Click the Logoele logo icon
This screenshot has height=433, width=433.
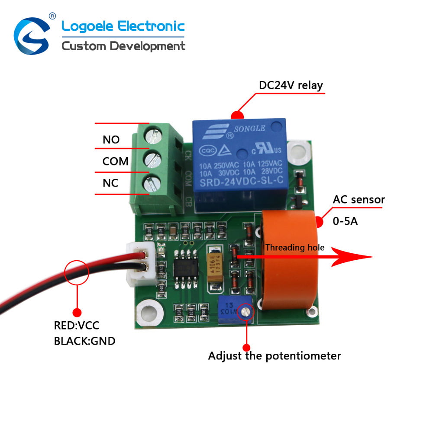31,36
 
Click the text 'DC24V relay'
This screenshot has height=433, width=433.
291,85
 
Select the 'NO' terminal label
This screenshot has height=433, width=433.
111,140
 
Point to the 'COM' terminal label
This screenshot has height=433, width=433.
115,162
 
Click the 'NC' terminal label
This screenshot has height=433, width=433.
110,183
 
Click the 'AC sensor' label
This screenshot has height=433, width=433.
359,200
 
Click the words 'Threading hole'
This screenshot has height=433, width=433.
294,248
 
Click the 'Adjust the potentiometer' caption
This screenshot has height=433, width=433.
275,356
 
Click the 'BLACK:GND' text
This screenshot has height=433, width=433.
85,341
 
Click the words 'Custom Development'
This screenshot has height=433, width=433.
123,46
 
